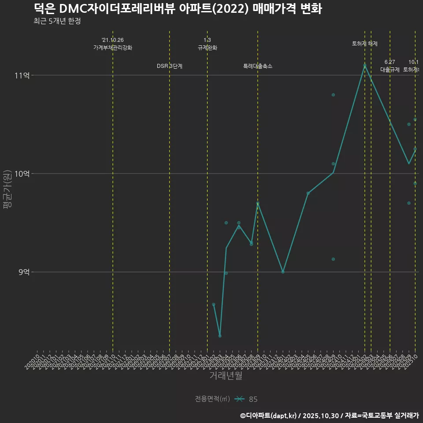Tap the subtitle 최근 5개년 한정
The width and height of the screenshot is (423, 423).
pyautogui.click(x=57, y=21)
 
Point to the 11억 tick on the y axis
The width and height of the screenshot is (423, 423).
pyautogui.click(x=22, y=75)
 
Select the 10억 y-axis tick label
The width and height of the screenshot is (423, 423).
pyautogui.click(x=22, y=174)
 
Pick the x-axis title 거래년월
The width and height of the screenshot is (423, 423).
pyautogui.click(x=226, y=376)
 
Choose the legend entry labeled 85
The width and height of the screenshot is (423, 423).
pyautogui.click(x=253, y=399)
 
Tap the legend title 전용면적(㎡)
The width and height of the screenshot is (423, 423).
pyautogui.click(x=212, y=399)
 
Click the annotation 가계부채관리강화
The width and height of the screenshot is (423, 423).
pyautogui.click(x=112, y=48)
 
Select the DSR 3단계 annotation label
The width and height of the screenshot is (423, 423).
pyautogui.click(x=170, y=66)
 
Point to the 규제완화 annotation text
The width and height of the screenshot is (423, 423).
pyautogui.click(x=207, y=48)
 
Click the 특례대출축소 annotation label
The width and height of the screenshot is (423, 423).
pyautogui.click(x=258, y=66)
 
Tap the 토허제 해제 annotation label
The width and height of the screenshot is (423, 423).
pyautogui.click(x=364, y=44)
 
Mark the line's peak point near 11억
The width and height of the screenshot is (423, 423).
pyautogui.click(x=365, y=66)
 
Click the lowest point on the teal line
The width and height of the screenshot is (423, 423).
pyautogui.click(x=220, y=336)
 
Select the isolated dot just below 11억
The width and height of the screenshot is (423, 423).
pyautogui.click(x=333, y=95)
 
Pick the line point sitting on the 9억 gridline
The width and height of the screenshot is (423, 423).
pyautogui.click(x=283, y=272)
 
